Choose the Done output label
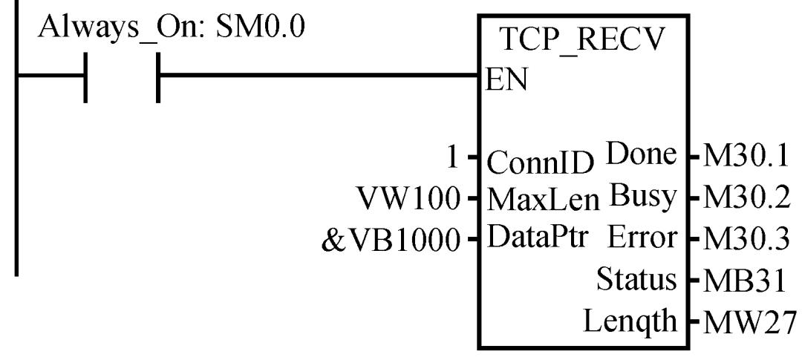(642, 157)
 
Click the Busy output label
(644, 197)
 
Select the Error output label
(643, 238)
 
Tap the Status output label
(638, 280)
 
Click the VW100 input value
(412, 199)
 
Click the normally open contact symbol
(123, 76)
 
